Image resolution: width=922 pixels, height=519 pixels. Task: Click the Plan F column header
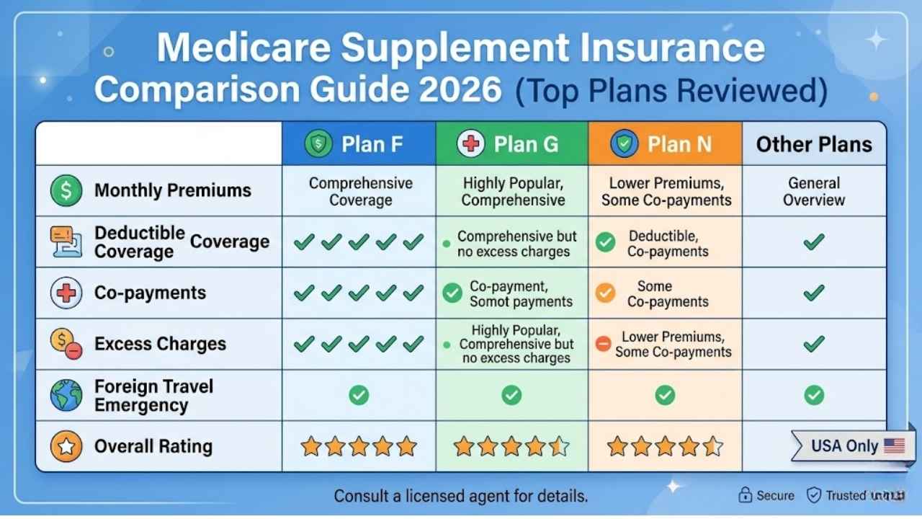pos(359,144)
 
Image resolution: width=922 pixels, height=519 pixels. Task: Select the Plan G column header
pos(511,144)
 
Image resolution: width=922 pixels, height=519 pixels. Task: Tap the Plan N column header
pos(664,144)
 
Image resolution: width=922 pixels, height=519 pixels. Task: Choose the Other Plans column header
pos(814,144)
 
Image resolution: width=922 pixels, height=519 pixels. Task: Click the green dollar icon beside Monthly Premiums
pos(66,191)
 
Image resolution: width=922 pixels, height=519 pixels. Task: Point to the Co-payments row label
pos(150,293)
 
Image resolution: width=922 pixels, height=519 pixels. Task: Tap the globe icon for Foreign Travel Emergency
pos(66,395)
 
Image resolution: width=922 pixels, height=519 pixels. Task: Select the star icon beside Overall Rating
pos(66,447)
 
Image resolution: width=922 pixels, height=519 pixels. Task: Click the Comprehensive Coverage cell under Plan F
pos(360,191)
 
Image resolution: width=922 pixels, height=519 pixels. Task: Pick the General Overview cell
pos(814,191)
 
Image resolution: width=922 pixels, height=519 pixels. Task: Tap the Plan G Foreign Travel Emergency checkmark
pos(511,394)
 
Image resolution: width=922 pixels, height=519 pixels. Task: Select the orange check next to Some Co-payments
pos(606,293)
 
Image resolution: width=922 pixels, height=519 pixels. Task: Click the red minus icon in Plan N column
pos(604,344)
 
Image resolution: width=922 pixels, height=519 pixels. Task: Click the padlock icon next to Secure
pos(746,495)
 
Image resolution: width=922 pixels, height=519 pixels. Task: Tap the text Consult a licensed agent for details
pos(461,496)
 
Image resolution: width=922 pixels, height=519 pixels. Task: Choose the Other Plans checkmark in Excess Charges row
pos(814,343)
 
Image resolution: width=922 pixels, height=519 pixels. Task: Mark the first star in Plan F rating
pos(310,446)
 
